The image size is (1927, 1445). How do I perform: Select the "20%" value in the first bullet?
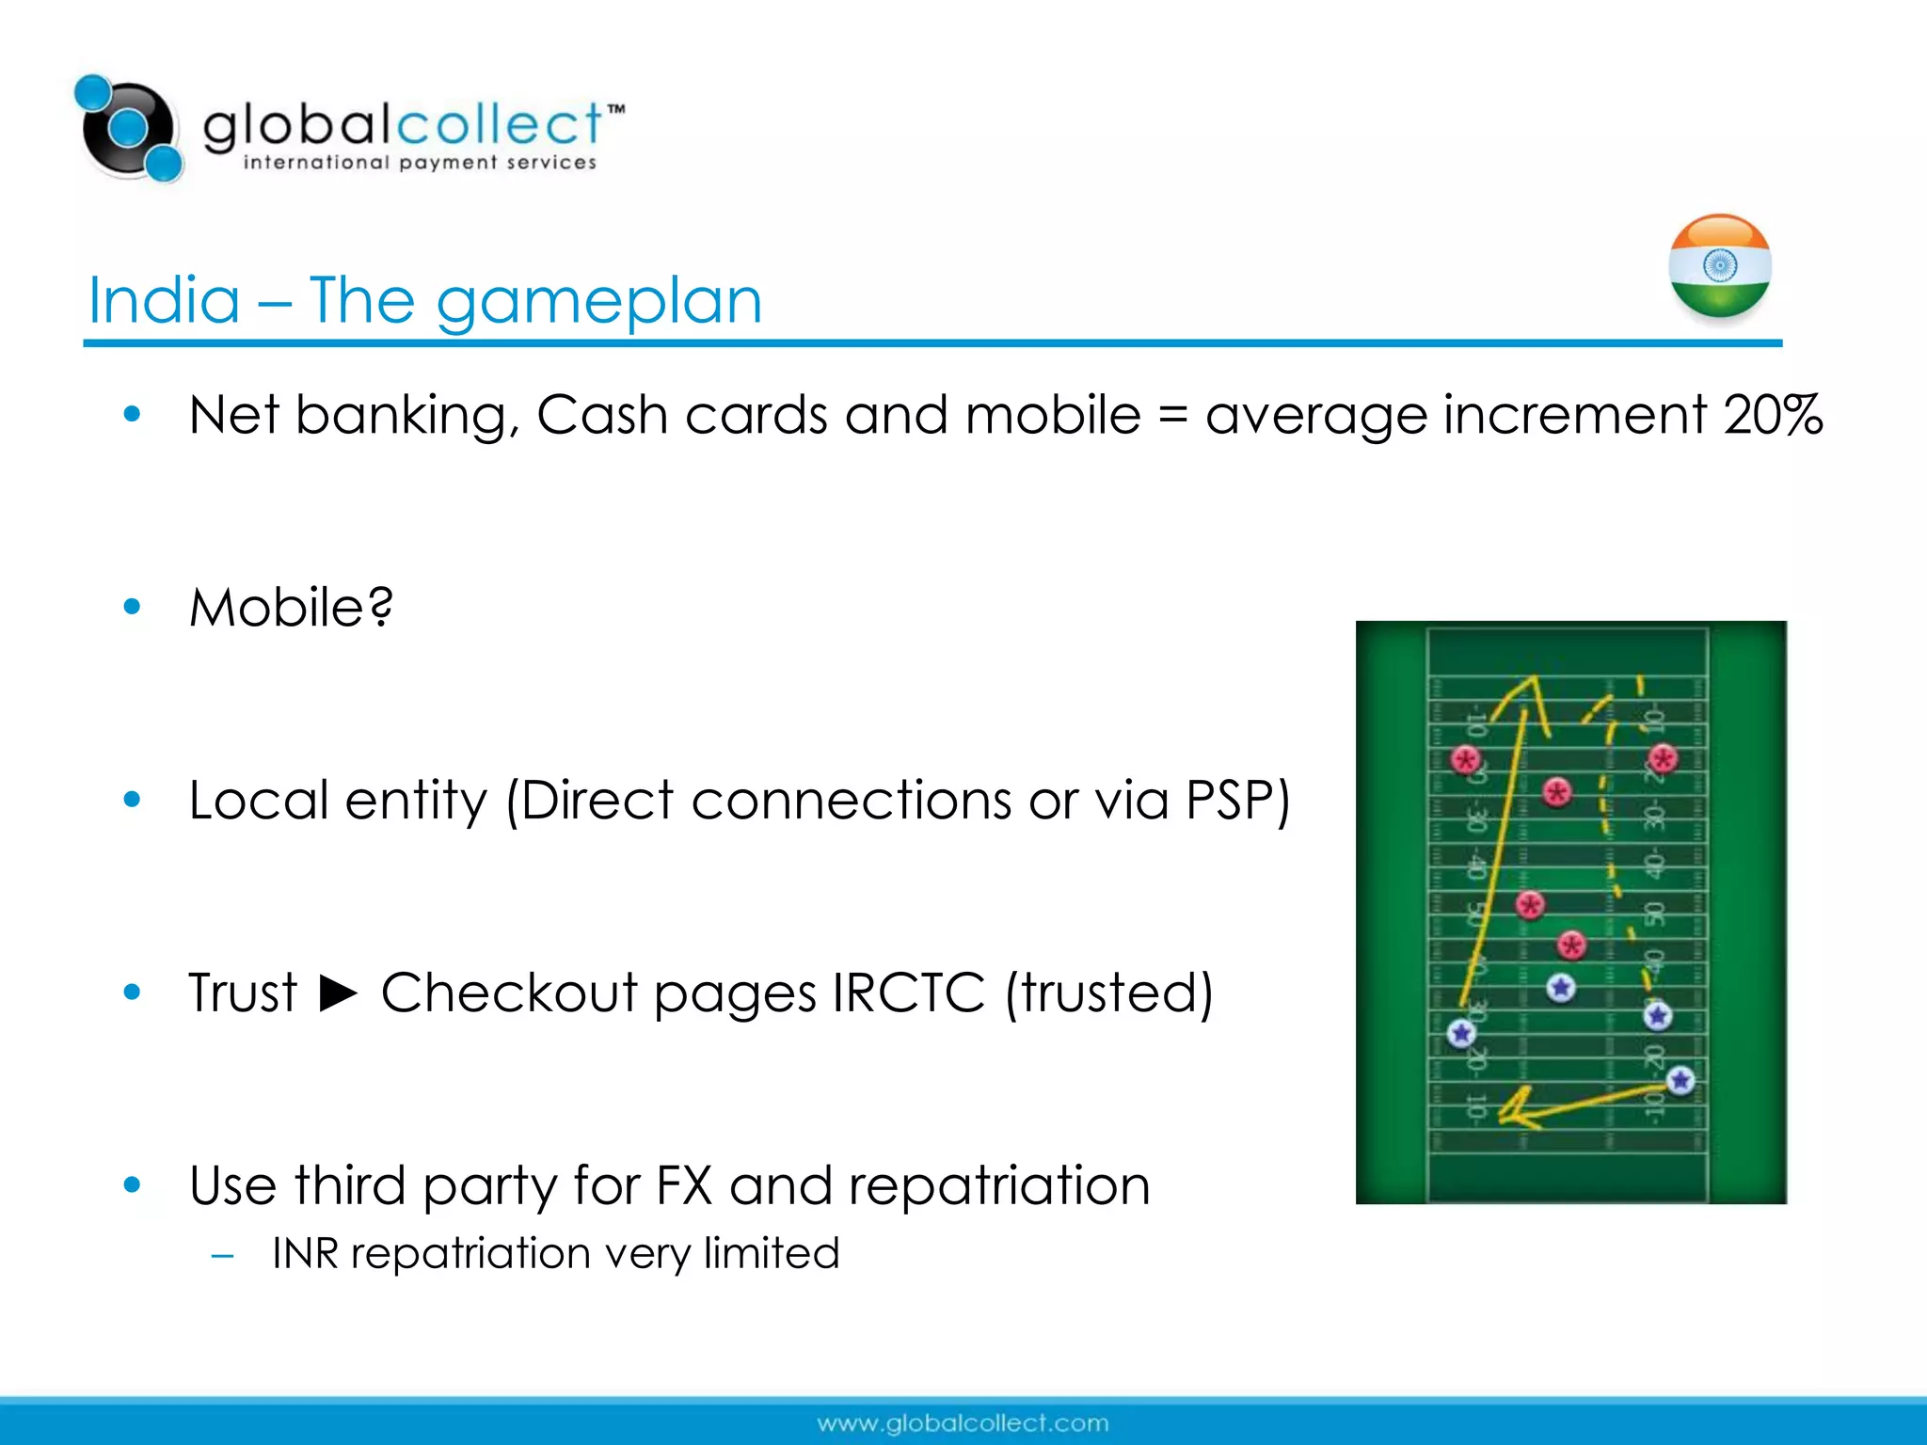click(x=1773, y=415)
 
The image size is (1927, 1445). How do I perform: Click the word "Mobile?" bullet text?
click(x=291, y=608)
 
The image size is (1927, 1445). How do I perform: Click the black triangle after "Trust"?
click(x=339, y=992)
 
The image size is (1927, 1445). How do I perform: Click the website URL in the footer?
click(x=963, y=1423)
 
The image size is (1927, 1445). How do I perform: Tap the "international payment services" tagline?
click(x=420, y=163)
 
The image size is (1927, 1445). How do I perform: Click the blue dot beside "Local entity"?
click(x=132, y=801)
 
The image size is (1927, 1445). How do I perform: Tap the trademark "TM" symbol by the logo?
click(x=615, y=109)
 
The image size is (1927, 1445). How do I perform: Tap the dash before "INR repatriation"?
click(x=223, y=1256)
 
